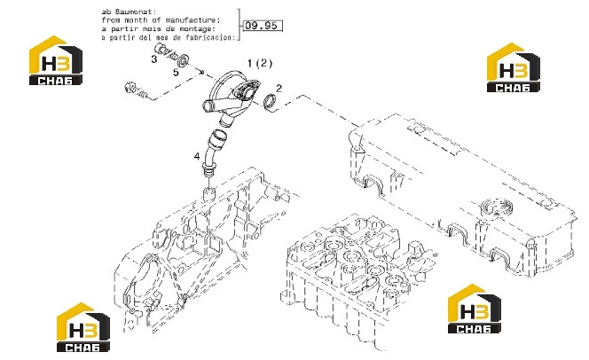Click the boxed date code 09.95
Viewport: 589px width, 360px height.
pos(263,26)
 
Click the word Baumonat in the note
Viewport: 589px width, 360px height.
pos(136,12)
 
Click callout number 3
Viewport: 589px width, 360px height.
pos(154,59)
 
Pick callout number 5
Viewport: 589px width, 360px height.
pos(176,72)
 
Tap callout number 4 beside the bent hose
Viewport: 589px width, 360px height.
pos(197,156)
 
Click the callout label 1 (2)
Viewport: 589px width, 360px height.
pos(260,63)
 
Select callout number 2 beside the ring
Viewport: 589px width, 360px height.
pos(279,88)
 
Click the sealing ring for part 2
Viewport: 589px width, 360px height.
pos(270,101)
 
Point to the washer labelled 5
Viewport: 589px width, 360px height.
pos(184,60)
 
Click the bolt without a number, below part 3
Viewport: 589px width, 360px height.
pos(135,90)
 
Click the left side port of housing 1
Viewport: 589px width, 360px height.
pos(208,106)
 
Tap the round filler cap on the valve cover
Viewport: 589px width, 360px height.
pos(496,207)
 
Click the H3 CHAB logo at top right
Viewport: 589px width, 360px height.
pos(513,67)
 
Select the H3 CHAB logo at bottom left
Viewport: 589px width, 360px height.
pos(83,327)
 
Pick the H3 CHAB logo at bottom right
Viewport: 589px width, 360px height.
pos(475,309)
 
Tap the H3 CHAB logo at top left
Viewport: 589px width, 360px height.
pos(56,60)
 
